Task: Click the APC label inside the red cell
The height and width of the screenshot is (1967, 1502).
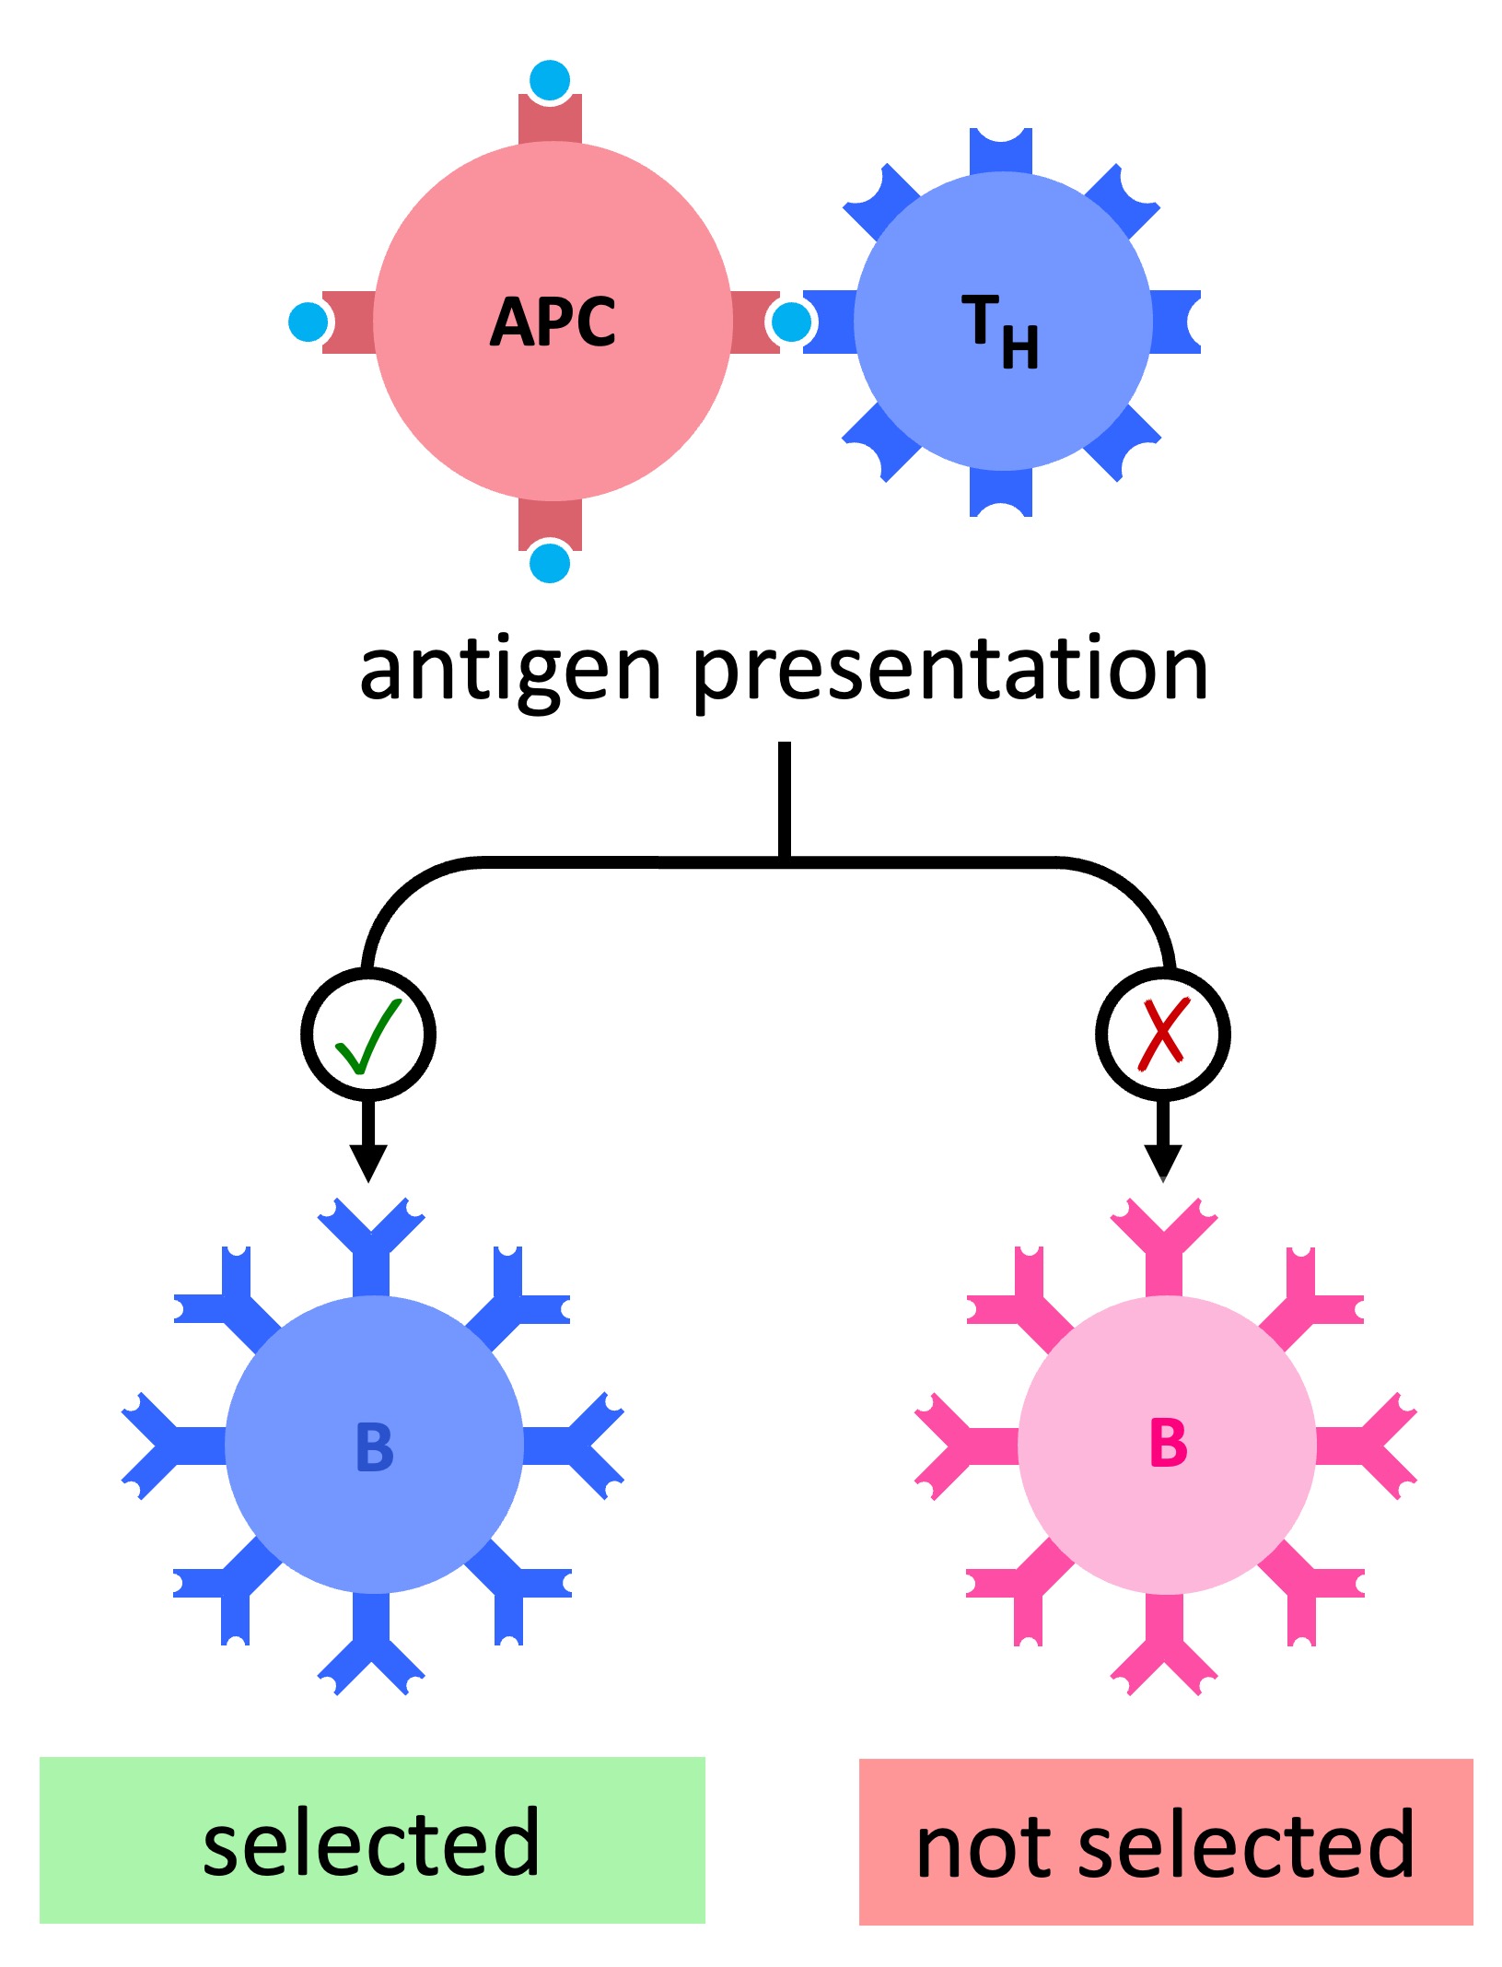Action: [x=553, y=322]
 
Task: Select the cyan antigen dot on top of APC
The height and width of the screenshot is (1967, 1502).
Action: [x=551, y=79]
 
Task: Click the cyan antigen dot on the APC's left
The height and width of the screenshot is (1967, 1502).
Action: [x=308, y=322]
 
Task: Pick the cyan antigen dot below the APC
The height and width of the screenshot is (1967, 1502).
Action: [x=551, y=563]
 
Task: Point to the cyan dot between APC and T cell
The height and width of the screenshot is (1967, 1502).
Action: [x=791, y=322]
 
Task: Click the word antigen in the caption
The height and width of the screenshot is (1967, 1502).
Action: [x=510, y=671]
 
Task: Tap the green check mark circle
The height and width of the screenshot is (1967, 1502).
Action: [x=368, y=1035]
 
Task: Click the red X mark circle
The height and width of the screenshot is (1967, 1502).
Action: [x=1162, y=1035]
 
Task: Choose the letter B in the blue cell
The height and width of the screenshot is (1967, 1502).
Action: [x=375, y=1447]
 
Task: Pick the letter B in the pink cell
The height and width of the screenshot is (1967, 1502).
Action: [x=1168, y=1444]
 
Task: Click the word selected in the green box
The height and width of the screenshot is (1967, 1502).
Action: [x=371, y=1843]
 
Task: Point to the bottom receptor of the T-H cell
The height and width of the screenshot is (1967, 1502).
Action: [x=1001, y=493]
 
